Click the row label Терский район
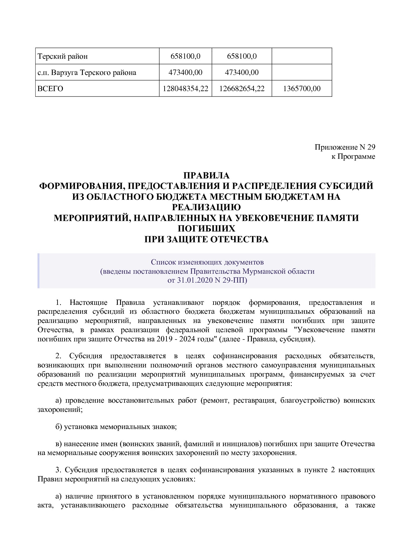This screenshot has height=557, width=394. (63, 57)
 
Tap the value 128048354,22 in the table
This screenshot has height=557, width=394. (185, 89)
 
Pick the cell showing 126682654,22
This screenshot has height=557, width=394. (242, 89)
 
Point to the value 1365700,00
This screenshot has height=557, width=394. (302, 89)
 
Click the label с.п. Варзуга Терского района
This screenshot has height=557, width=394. (87, 73)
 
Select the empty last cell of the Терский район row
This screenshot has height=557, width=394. (302, 57)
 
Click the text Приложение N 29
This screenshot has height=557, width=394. (345, 147)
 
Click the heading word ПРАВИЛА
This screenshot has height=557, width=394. (206, 176)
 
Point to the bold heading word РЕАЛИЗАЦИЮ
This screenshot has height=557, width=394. (206, 207)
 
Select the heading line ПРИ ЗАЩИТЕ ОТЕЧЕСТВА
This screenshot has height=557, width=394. (206, 239)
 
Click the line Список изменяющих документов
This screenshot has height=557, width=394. (207, 262)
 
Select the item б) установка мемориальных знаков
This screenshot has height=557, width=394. (116, 427)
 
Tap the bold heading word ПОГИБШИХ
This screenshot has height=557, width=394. (206, 229)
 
